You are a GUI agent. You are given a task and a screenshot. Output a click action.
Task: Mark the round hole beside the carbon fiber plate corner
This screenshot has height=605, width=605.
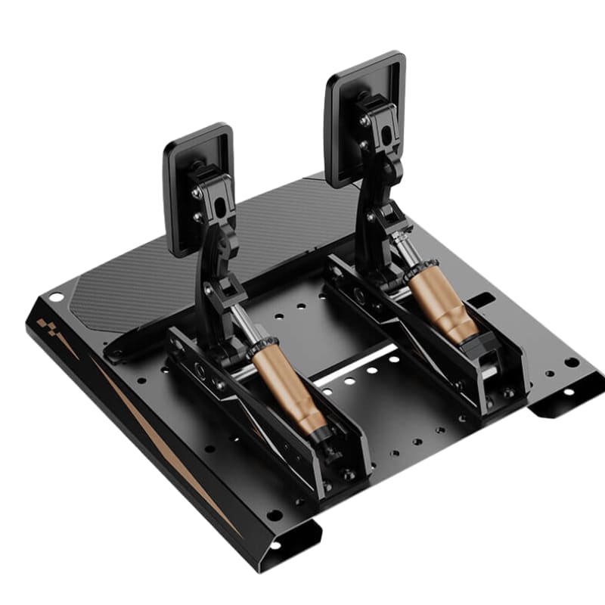(55, 297)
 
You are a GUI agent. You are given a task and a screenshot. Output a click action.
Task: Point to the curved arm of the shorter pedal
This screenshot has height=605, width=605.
(212, 265)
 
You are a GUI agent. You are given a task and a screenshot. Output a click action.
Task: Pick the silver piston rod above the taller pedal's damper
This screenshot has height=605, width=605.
(408, 253)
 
